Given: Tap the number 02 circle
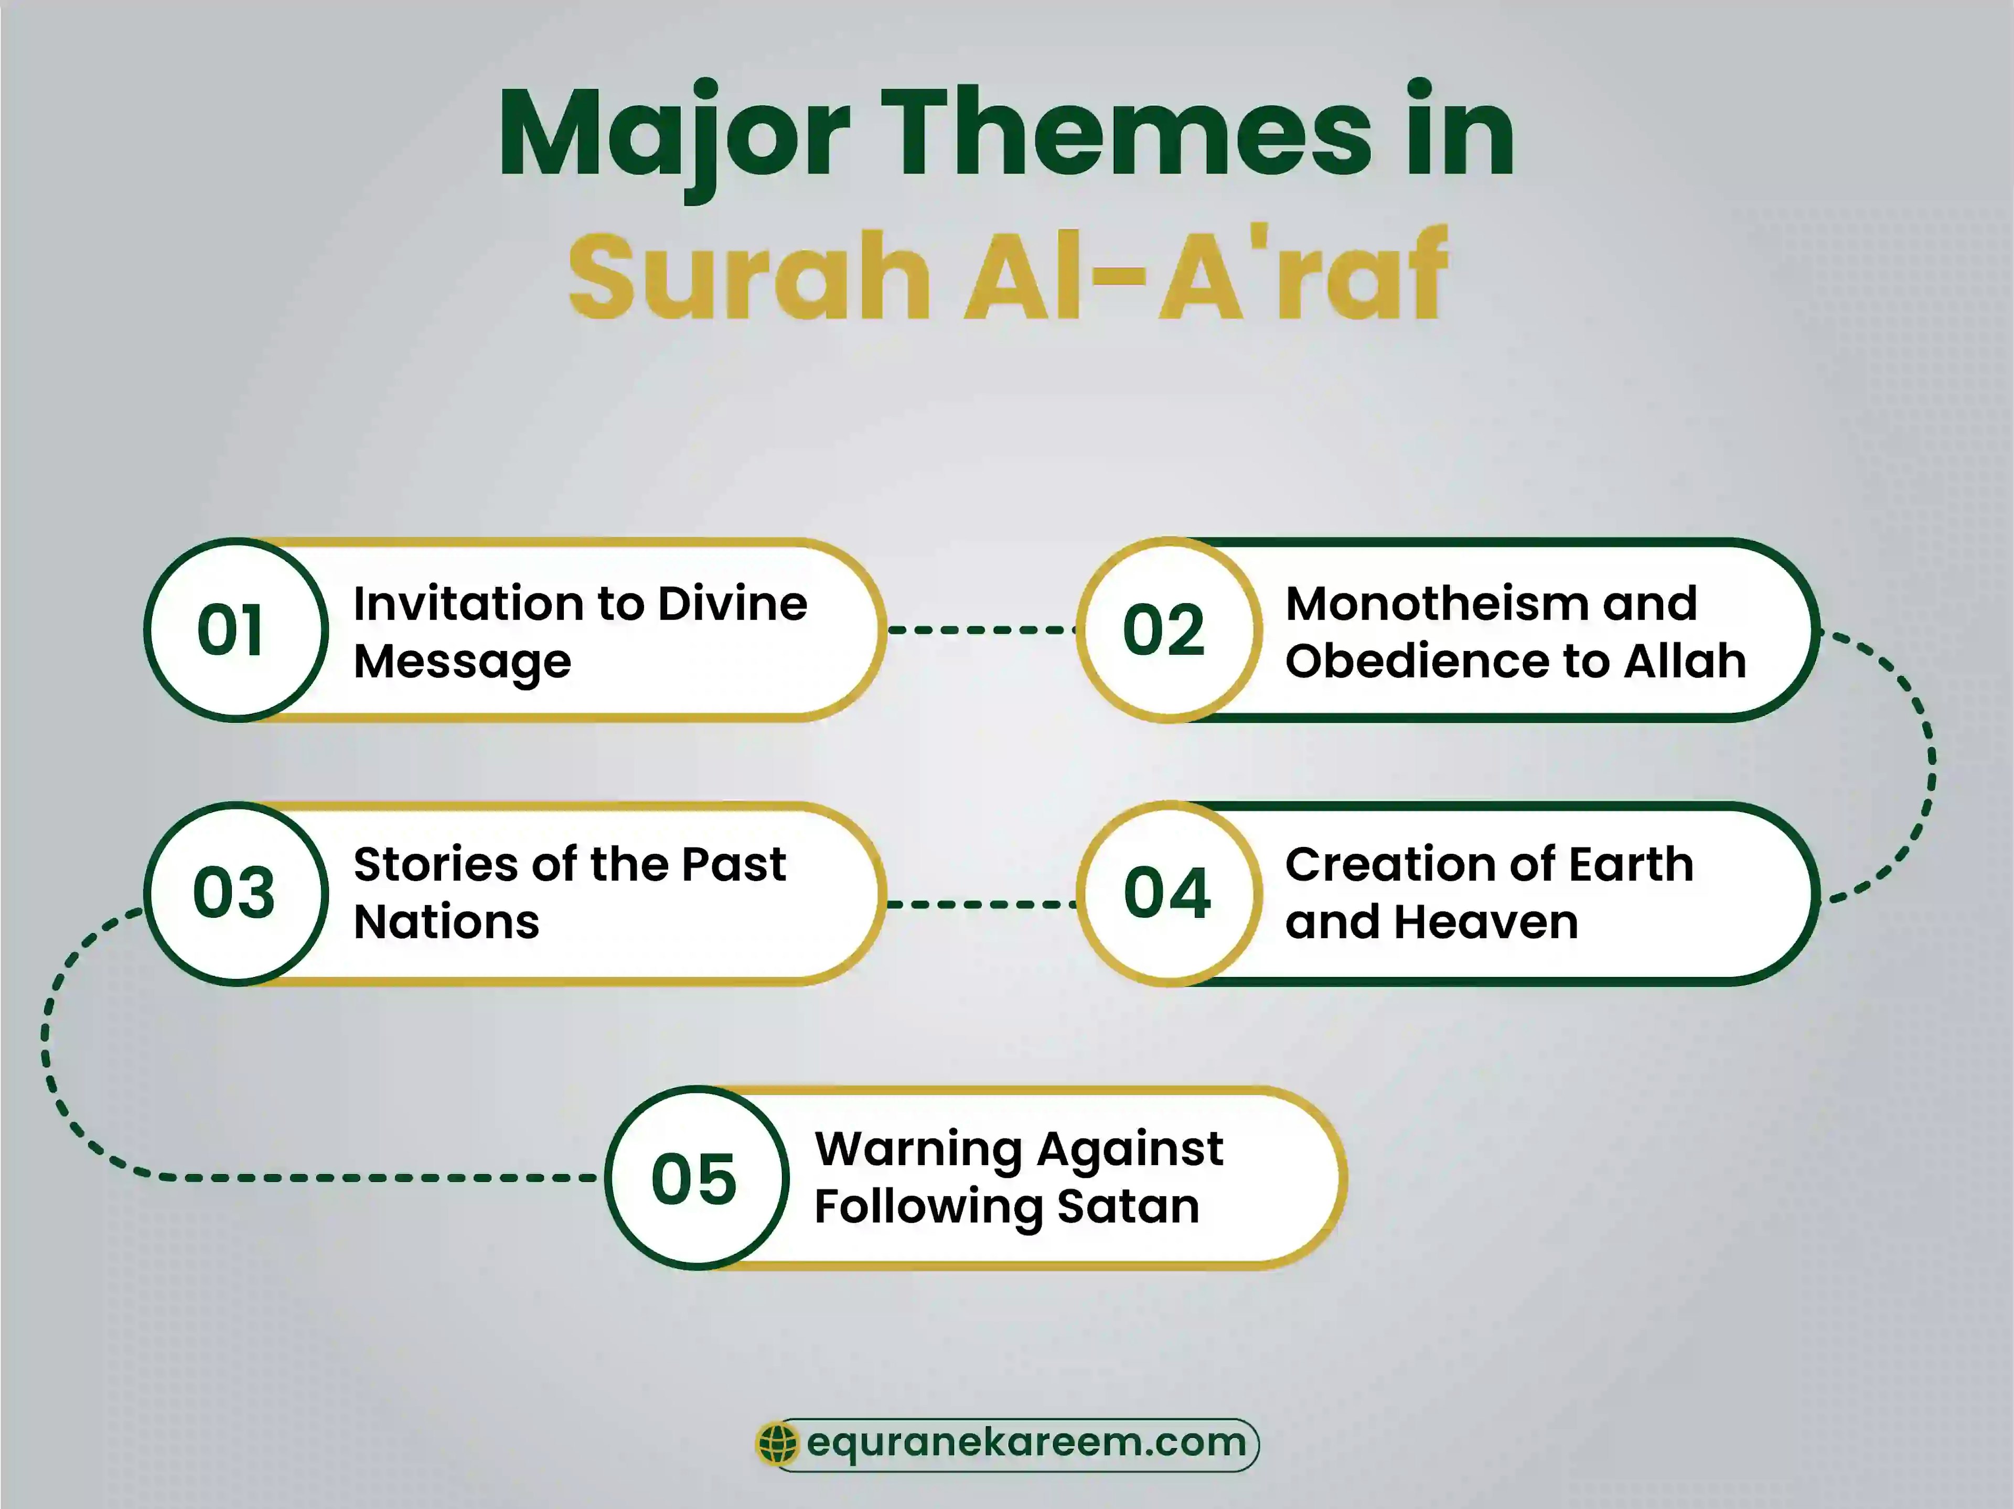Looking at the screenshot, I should [1167, 630].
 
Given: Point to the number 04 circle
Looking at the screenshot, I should [1169, 893].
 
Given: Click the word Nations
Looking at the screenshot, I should [446, 922].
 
